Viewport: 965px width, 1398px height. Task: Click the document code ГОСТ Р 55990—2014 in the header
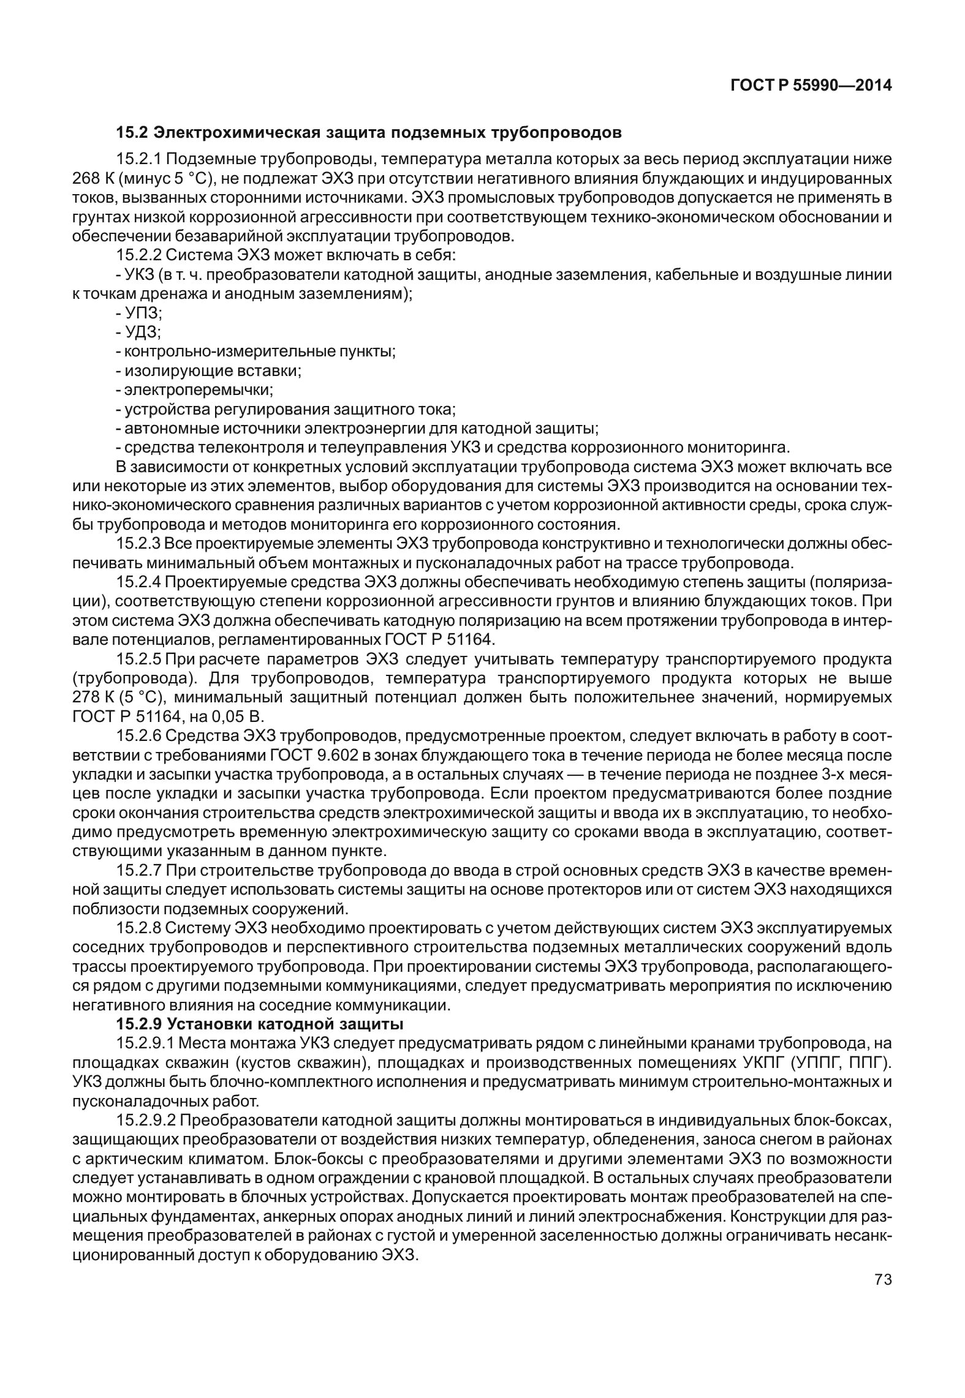coord(811,86)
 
